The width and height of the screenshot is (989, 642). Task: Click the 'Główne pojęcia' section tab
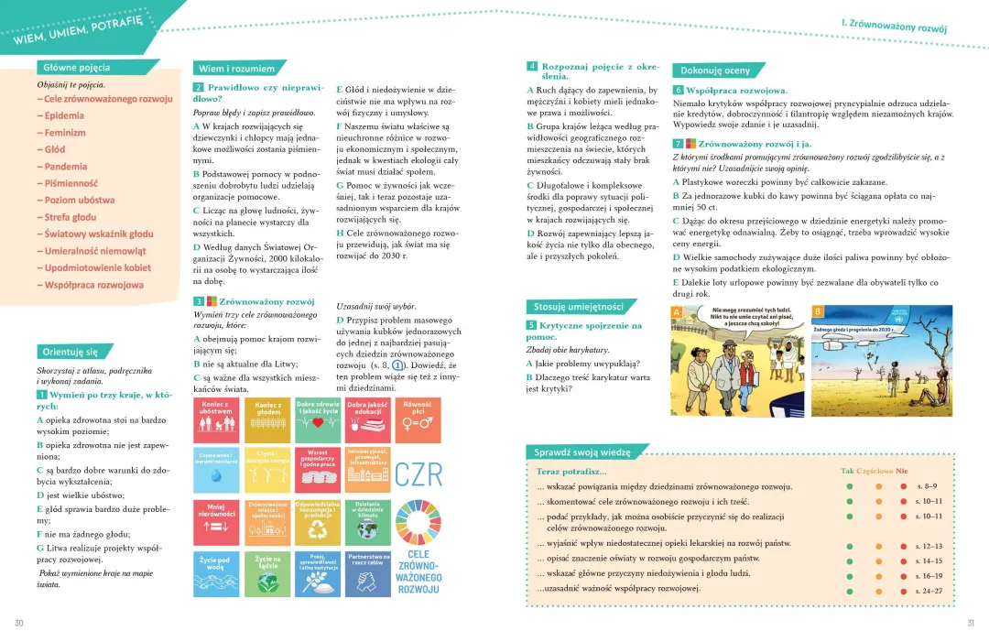(77, 67)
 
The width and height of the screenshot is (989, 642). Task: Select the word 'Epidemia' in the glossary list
(64, 115)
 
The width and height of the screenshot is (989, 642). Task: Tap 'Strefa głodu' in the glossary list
(71, 217)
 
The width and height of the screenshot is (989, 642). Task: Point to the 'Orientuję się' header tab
(70, 352)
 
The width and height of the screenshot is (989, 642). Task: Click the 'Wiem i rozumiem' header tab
(236, 69)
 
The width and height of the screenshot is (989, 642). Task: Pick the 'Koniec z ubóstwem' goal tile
(215, 419)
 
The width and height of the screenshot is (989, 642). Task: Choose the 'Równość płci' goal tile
(417, 419)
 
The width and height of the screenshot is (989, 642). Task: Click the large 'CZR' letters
(418, 474)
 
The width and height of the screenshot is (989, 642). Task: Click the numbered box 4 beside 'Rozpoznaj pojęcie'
(532, 67)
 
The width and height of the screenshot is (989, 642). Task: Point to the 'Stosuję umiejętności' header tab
(579, 306)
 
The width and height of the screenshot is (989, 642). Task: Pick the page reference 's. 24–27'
(929, 591)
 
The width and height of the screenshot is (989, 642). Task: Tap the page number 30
(19, 624)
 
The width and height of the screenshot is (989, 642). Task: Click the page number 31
(971, 624)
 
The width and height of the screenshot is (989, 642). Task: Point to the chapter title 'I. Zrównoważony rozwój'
(893, 26)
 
